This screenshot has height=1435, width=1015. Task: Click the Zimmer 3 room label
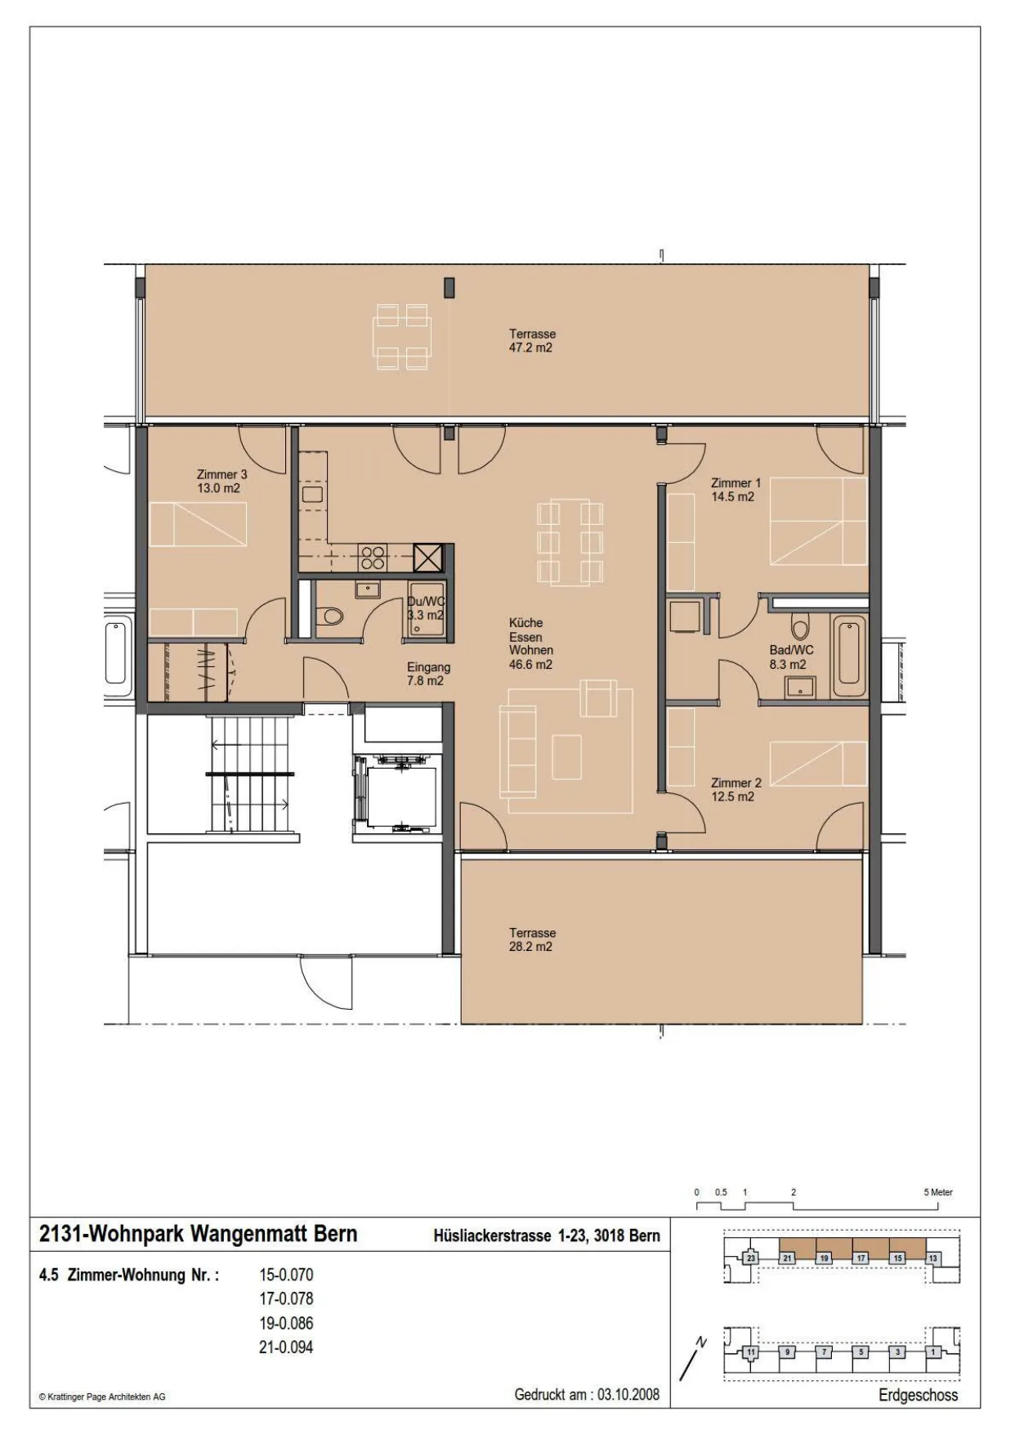221,481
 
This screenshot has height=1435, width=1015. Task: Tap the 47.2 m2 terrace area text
530,348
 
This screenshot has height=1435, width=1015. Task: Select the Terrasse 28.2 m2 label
532,939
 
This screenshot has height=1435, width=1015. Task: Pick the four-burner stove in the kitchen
373,557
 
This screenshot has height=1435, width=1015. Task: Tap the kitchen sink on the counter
313,494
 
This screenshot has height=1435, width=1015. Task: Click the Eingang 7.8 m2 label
428,674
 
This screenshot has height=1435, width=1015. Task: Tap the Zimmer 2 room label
736,789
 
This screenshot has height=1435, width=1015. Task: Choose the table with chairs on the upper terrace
402,336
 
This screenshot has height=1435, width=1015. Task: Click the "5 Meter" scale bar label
938,1192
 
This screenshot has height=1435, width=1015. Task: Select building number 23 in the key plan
751,1258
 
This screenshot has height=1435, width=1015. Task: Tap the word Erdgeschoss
918,1395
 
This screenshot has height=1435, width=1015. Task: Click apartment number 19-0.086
286,1323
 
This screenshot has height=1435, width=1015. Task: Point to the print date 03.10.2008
628,1394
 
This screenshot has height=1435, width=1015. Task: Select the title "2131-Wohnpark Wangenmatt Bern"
199,1234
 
